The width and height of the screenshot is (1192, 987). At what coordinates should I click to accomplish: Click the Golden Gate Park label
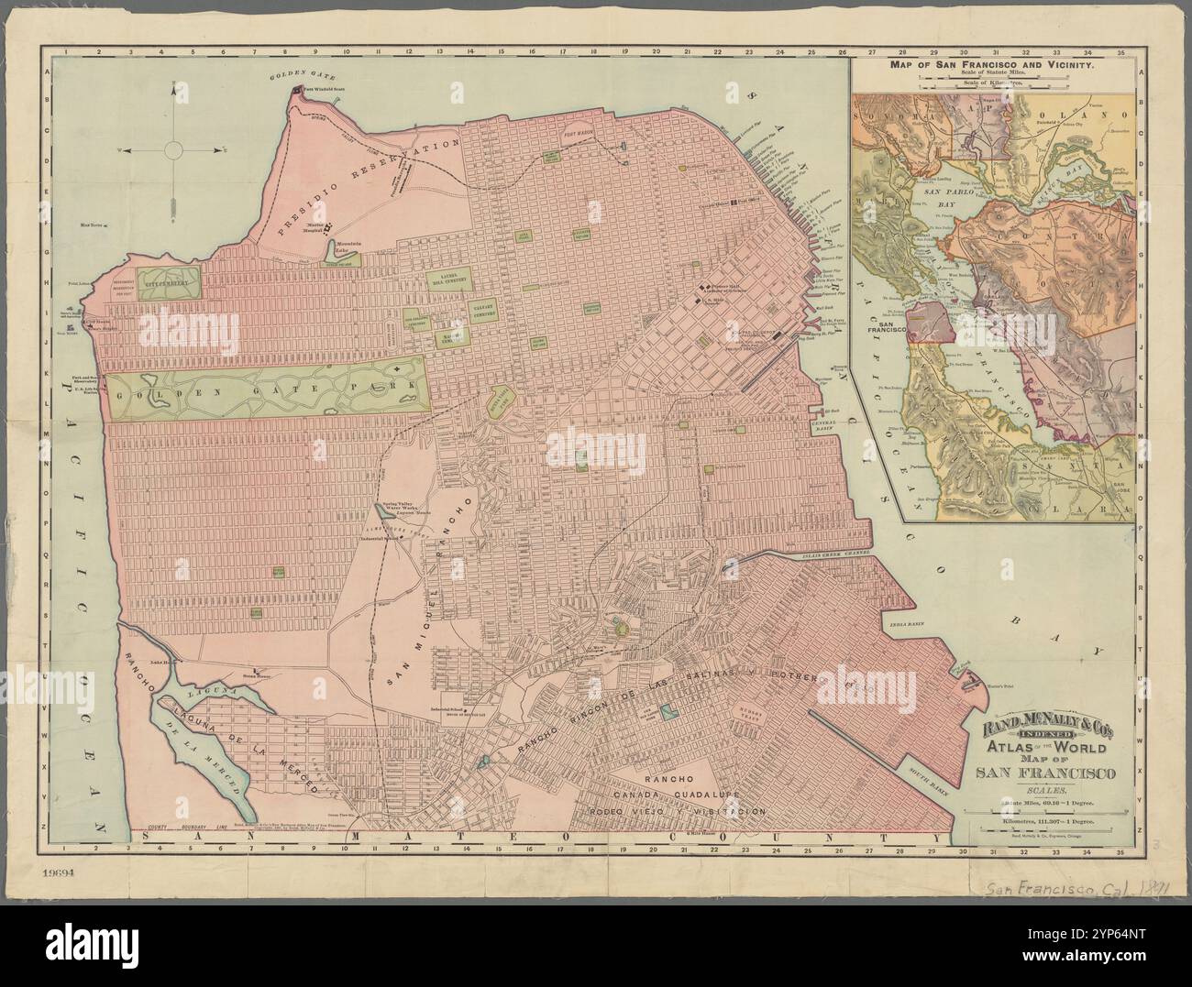click(x=266, y=387)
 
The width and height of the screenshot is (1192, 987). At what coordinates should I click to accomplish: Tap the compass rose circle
click(x=173, y=148)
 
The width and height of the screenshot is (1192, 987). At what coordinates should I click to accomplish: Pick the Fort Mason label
click(x=579, y=130)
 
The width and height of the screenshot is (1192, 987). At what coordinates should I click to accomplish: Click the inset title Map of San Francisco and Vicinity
click(x=993, y=66)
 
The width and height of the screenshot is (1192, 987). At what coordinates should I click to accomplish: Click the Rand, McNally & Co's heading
click(x=1048, y=730)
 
